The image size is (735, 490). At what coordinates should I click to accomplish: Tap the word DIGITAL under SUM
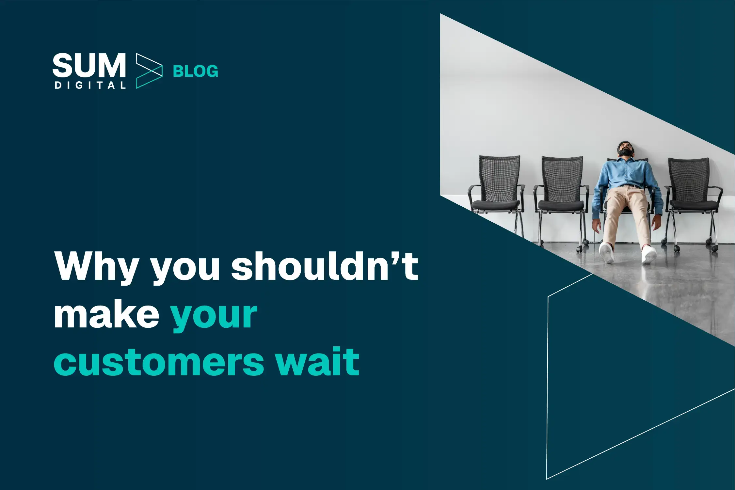pos(90,86)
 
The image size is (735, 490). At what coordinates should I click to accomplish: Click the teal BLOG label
pos(195,71)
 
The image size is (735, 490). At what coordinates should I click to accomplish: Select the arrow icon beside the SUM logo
pos(149,71)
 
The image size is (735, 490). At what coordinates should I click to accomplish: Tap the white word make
pos(106,314)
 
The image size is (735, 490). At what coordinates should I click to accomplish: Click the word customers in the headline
pos(159,361)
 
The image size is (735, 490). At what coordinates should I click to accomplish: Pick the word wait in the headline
pos(317,361)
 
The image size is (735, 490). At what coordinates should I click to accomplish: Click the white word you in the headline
pos(185,270)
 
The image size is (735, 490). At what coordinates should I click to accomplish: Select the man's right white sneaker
pos(607,253)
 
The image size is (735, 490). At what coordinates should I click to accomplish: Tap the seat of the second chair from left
pos(560,205)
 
